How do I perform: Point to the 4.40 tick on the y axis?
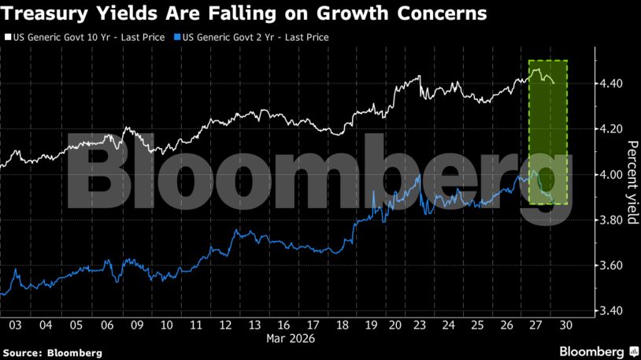(x=610, y=84)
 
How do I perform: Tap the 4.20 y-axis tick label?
(x=610, y=129)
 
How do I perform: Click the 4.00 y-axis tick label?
(x=610, y=175)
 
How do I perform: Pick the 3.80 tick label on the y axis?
(x=610, y=221)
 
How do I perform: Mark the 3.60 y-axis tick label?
(x=610, y=266)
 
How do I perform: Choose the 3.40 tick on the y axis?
(x=610, y=311)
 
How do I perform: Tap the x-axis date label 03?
(x=15, y=325)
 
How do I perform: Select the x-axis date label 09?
(x=135, y=325)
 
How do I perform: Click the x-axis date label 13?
(x=256, y=325)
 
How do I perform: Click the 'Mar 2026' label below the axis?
(x=290, y=339)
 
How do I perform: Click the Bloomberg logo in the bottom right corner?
(x=598, y=351)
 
